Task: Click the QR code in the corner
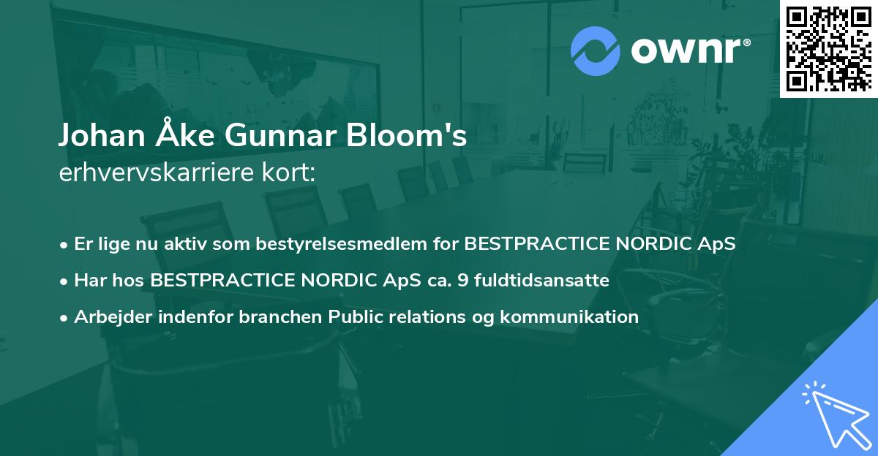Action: [x=828, y=48]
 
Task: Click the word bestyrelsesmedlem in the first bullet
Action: [x=357, y=244]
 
